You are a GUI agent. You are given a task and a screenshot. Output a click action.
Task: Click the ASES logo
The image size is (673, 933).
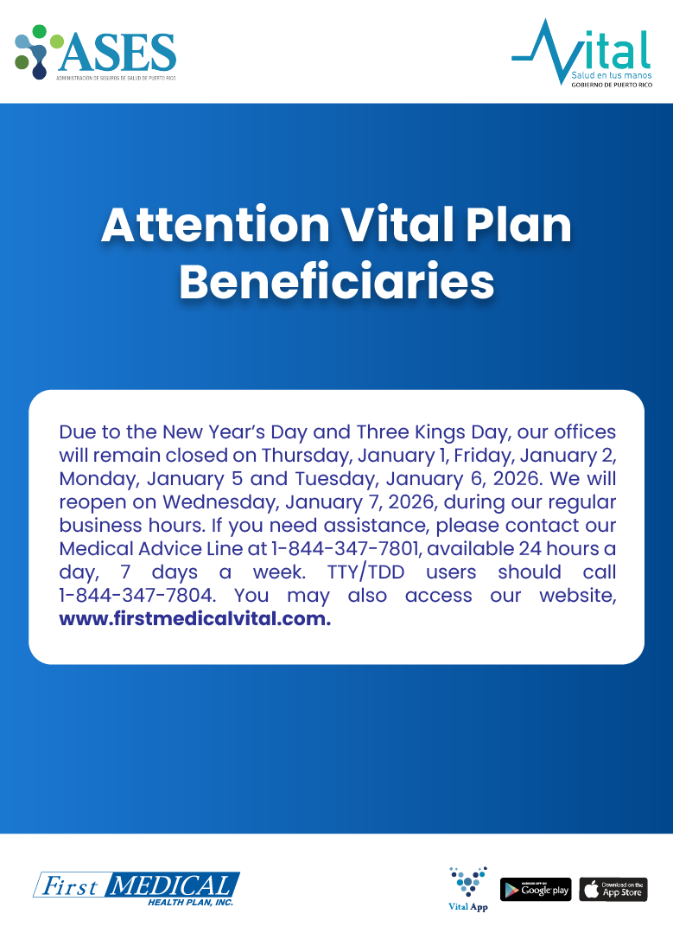95,53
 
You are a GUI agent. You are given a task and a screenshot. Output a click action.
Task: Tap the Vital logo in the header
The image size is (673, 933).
582,53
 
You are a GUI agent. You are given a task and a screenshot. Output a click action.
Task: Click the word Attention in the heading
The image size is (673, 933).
215,225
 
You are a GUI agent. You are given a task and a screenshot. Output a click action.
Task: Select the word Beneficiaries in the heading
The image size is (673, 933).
337,281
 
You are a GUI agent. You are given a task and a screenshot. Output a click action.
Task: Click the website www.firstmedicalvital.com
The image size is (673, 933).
195,619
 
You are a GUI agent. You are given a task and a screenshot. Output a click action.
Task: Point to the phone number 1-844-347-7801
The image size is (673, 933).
346,548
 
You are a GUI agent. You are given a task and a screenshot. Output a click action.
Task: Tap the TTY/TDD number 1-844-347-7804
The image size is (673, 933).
137,595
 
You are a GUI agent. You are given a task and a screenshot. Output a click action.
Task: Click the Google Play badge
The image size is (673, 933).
536,890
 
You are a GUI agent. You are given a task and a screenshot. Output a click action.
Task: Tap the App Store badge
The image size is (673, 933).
613,890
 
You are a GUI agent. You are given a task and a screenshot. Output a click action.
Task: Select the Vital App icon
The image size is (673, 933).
468,888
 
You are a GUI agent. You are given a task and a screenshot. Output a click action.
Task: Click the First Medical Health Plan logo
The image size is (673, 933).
137,889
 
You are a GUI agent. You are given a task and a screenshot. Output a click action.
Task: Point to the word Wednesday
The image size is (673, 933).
221,502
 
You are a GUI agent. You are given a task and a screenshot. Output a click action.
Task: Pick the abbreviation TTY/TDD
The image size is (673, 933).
365,572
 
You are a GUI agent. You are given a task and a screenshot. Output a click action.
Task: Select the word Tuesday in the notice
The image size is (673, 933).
338,479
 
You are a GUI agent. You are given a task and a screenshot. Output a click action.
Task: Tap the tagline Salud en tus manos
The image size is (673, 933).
611,75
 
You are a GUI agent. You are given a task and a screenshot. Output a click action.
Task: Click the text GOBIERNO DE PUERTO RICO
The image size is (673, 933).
612,85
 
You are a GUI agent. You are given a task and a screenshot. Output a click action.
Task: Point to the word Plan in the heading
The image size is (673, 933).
518,225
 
